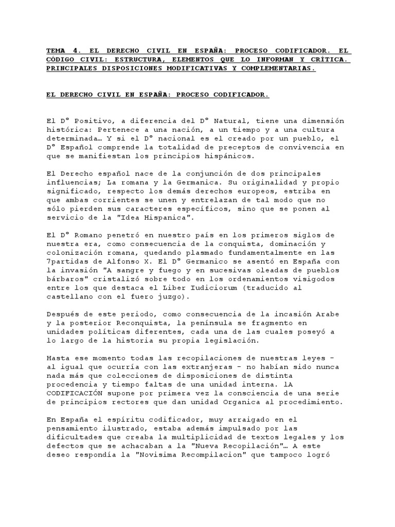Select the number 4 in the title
77,51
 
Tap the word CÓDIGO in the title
59,60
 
